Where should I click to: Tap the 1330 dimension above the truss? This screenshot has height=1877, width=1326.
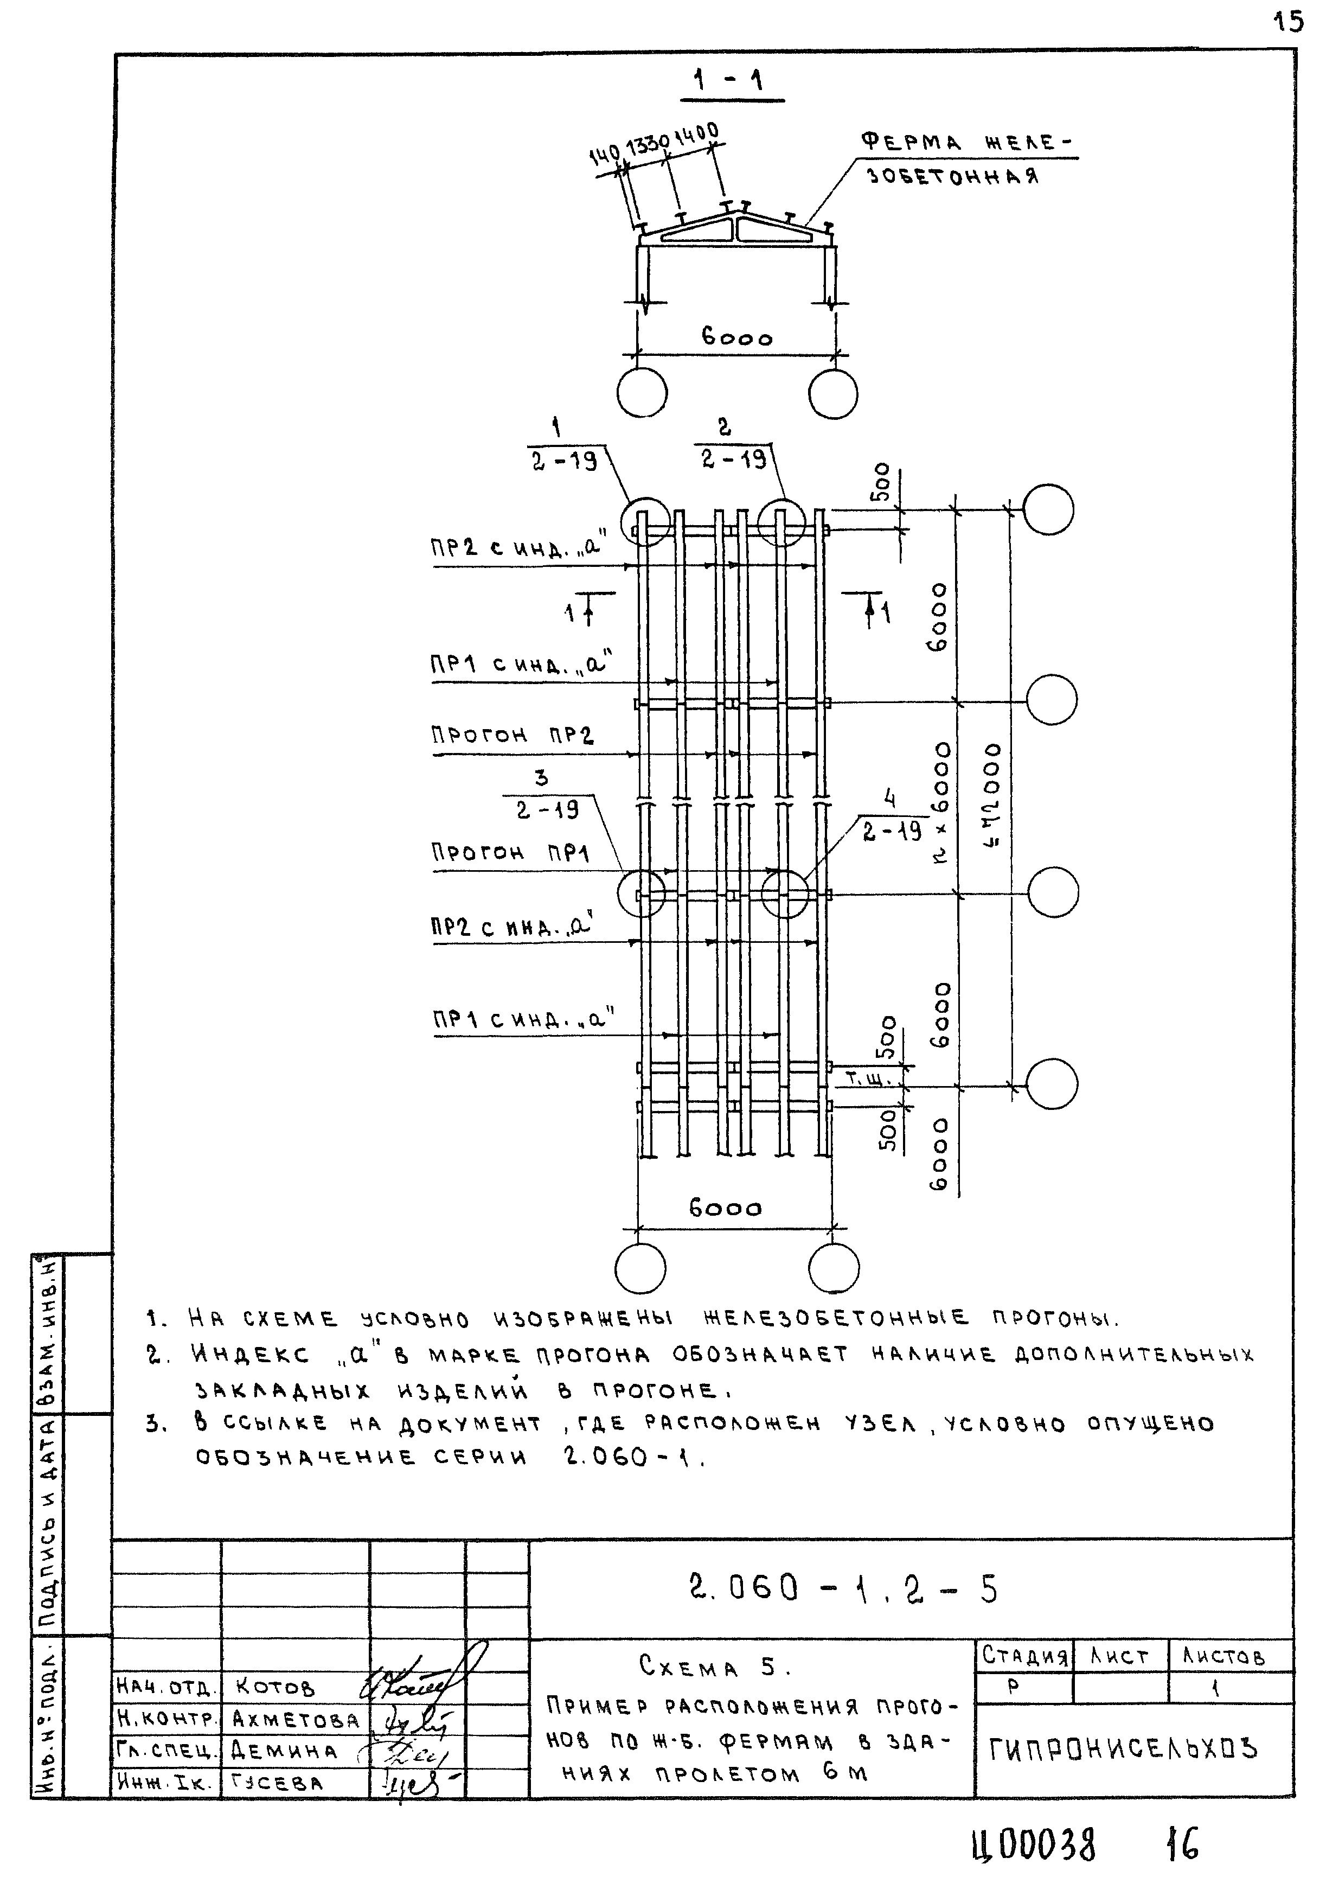(x=648, y=146)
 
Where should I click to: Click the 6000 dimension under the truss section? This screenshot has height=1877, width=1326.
(x=736, y=337)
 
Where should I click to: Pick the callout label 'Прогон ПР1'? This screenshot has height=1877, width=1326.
(x=511, y=853)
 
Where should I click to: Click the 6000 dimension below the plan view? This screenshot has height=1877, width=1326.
(x=725, y=1208)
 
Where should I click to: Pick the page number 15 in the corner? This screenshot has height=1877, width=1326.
(x=1289, y=21)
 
